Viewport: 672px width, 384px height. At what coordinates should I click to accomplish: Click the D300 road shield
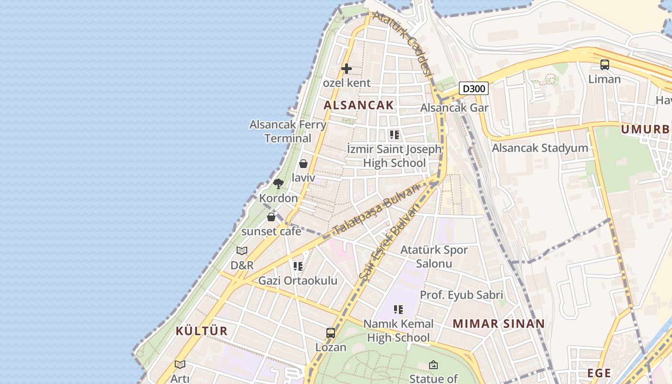click(474, 88)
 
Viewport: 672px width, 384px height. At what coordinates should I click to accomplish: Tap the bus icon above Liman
click(605, 64)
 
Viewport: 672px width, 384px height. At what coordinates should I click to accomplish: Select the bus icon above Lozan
click(331, 333)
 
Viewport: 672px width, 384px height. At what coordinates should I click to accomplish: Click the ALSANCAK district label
click(359, 105)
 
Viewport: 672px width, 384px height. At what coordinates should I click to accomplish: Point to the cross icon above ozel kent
click(347, 69)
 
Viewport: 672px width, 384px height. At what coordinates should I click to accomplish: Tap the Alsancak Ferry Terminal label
click(288, 131)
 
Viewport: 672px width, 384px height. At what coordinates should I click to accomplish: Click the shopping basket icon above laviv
click(303, 164)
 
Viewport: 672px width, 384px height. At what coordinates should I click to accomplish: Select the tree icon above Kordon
click(278, 183)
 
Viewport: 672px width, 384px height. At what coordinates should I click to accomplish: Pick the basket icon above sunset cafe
click(271, 217)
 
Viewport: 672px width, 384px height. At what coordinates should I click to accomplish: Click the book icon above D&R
click(242, 251)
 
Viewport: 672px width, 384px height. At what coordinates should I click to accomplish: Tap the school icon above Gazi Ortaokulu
click(298, 266)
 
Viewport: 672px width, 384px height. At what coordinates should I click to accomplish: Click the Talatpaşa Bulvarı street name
click(376, 209)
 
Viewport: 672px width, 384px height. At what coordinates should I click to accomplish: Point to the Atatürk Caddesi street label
click(404, 44)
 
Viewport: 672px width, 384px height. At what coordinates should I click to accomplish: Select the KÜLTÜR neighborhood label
click(201, 331)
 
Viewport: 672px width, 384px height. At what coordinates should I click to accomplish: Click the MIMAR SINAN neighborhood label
click(499, 324)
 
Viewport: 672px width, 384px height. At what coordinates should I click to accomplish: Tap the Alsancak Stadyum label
click(540, 148)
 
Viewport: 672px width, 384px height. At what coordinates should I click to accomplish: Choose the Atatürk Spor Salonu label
click(434, 256)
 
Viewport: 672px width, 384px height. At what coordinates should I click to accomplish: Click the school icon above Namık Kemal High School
click(398, 310)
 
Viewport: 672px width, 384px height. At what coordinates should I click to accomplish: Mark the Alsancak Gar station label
click(454, 108)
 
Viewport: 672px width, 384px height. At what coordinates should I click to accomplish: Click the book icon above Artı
click(180, 364)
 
